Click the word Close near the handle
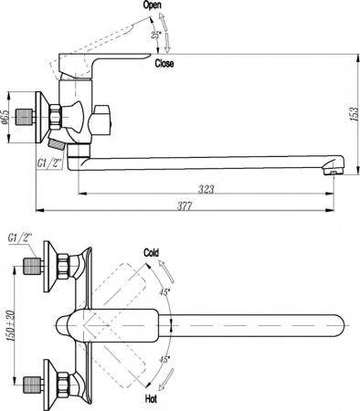(164, 64)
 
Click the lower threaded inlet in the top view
(35, 381)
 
